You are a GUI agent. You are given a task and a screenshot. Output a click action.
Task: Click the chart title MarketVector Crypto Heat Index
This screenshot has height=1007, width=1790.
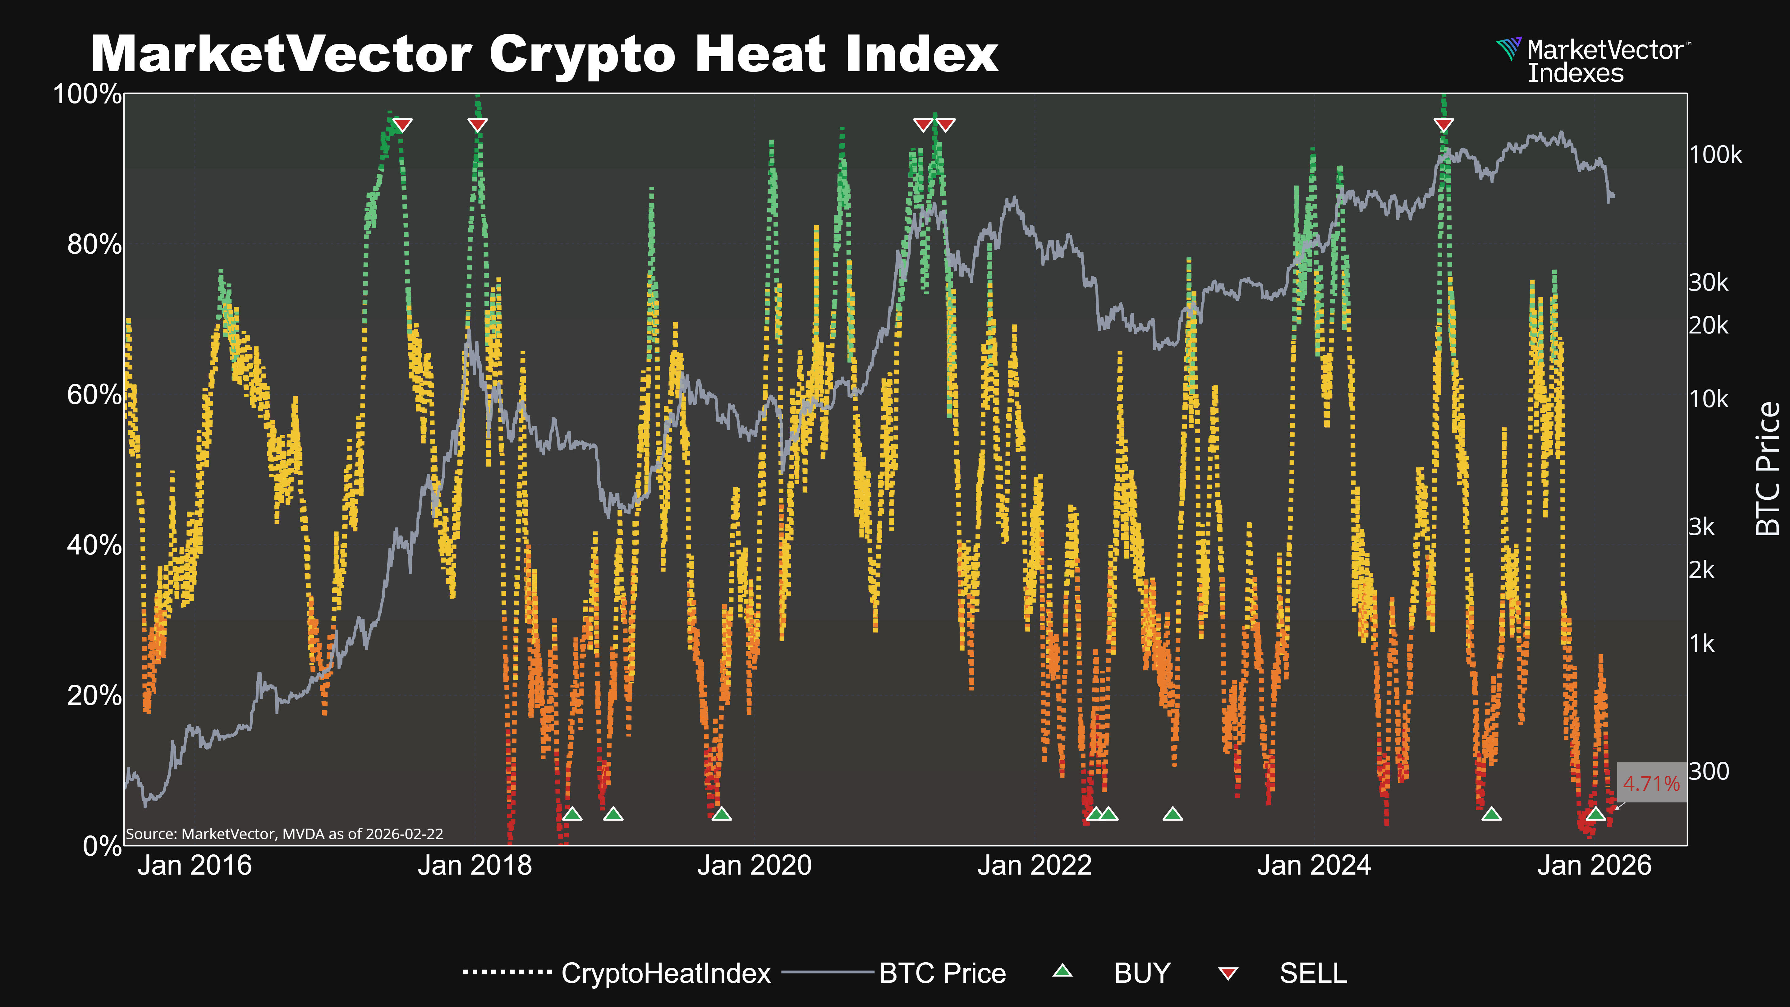pos(544,54)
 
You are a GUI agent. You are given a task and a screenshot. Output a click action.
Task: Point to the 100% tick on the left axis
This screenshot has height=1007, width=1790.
pos(88,94)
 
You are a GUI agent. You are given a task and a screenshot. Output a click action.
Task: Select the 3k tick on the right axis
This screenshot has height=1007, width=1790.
pos(1702,527)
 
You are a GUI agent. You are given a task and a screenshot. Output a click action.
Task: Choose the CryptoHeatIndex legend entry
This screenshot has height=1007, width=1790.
pos(666,973)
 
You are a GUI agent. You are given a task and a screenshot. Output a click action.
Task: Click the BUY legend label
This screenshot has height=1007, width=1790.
pos(1142,973)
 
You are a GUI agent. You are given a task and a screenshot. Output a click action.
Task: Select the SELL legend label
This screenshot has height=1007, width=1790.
pos(1313,973)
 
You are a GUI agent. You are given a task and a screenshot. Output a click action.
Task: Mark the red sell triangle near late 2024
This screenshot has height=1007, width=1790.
pos(1443,125)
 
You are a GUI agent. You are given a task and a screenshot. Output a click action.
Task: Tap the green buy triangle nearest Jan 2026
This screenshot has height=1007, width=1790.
pos(1595,814)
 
